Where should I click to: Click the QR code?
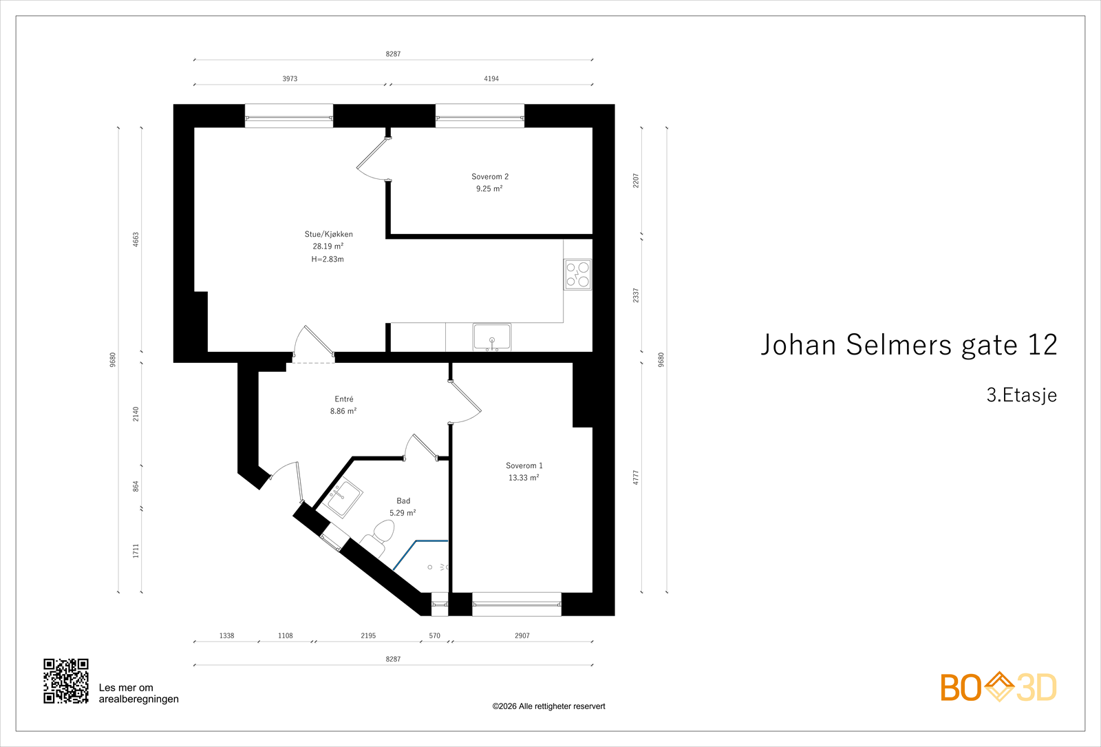pos(66,681)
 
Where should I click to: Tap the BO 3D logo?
pos(998,687)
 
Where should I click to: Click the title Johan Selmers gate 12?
pos(908,345)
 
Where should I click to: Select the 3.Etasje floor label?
pos(1021,395)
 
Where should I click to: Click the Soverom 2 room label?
pos(490,177)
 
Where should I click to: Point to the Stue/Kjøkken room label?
pos(329,234)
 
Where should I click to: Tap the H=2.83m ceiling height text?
pos(328,260)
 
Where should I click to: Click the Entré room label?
pos(344,399)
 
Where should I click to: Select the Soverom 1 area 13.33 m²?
pos(524,478)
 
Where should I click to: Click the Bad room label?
pos(403,501)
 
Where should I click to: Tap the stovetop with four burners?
pos(577,274)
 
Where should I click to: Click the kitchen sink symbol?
pos(492,337)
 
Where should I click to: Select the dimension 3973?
pos(290,79)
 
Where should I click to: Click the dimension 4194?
pos(491,79)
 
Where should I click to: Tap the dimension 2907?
pos(522,636)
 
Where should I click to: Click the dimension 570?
pos(434,636)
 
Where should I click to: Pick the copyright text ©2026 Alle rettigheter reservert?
pos(548,706)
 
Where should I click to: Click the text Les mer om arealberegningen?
pos(138,693)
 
